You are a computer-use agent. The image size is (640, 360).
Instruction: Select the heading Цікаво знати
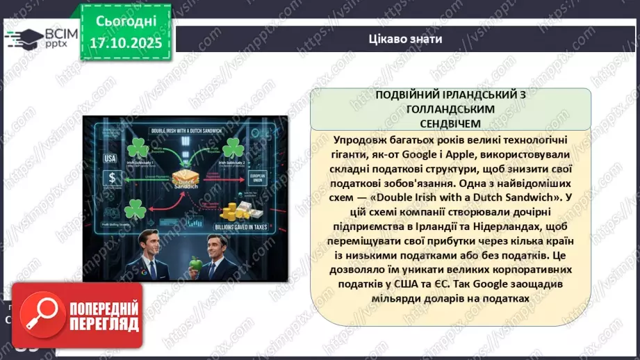pyautogui.click(x=405, y=39)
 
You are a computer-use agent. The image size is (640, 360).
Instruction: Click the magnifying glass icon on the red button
pyautogui.click(x=40, y=317)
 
